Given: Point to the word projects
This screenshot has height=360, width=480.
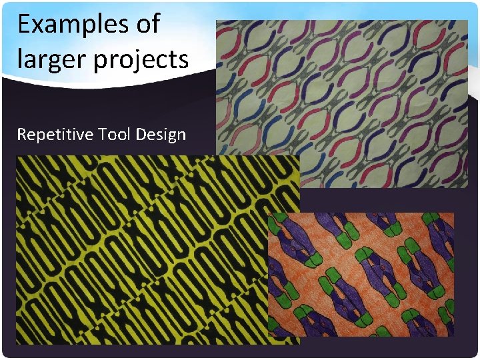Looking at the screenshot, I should click(141, 60).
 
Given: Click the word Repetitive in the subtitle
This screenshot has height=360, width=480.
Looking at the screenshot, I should click(55, 135).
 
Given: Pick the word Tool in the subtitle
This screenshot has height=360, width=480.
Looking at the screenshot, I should click(114, 135).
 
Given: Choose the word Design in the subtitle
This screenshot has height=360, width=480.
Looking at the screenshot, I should click(161, 135).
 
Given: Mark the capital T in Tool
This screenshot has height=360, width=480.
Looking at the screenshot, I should click(102, 135).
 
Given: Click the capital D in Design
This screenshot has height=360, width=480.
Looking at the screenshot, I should click(140, 135).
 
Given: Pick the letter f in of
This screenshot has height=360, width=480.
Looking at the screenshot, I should click(156, 23).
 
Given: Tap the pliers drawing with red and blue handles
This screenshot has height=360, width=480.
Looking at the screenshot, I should click(341, 100).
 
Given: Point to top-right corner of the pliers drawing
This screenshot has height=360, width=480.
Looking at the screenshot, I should click(467, 20).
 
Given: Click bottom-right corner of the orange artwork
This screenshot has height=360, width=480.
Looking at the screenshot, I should click(454, 337).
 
